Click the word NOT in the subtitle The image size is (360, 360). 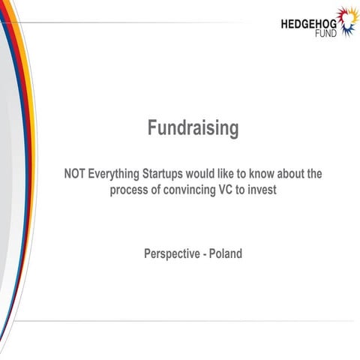click(x=76, y=174)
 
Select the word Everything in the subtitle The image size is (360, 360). click(x=114, y=174)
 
